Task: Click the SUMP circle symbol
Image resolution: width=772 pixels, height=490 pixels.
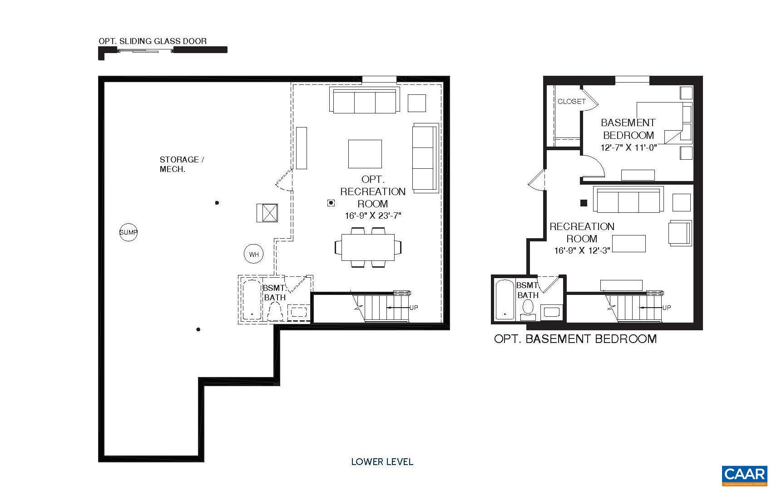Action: (x=129, y=232)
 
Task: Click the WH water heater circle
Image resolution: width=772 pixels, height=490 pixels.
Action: (x=253, y=255)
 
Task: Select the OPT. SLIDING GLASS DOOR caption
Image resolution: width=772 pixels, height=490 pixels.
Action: (x=153, y=41)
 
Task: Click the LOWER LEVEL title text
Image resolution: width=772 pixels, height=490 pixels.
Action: (x=382, y=462)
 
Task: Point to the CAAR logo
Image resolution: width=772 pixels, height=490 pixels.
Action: (x=744, y=475)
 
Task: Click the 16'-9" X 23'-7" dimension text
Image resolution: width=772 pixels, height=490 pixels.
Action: (x=373, y=216)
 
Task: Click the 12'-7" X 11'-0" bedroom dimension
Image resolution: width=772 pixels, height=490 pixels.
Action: (x=628, y=147)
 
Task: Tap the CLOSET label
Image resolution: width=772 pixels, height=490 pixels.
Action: (x=571, y=102)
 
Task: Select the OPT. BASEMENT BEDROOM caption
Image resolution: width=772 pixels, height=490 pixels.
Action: (x=575, y=339)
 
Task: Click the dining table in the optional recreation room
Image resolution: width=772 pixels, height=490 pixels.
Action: (x=368, y=247)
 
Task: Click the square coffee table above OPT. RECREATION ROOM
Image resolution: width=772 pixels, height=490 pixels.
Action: (x=365, y=154)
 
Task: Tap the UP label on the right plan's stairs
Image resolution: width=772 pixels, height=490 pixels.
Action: (x=666, y=308)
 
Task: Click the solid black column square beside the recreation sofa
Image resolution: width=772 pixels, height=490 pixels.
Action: (x=584, y=203)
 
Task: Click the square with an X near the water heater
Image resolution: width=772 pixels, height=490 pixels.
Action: (x=267, y=213)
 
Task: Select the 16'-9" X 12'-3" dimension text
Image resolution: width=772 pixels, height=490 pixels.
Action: (x=582, y=250)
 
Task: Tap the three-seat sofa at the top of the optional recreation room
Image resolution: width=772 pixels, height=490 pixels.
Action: (x=365, y=102)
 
